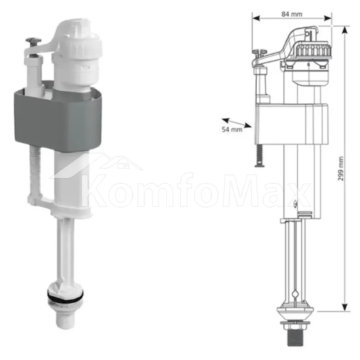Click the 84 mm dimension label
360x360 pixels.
pyautogui.click(x=292, y=14)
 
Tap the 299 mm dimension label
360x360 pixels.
pyautogui.click(x=341, y=168)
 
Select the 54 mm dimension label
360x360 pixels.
pyautogui.click(x=232, y=130)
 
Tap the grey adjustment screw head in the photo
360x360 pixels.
pyautogui.click(x=33, y=41)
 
